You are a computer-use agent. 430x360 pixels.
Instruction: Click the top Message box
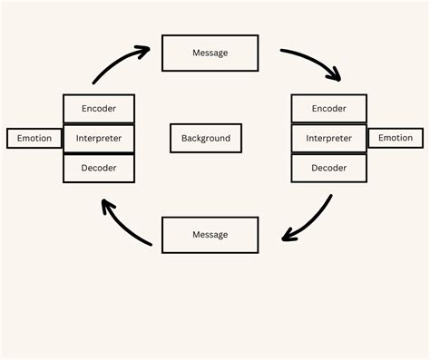coord(210,53)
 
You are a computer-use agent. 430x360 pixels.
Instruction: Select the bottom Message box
coord(210,235)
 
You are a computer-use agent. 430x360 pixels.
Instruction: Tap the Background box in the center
coord(206,139)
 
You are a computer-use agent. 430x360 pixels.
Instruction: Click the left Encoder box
coord(99,109)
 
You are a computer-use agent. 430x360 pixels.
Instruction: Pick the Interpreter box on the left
coord(99,139)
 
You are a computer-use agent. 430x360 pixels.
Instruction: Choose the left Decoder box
coord(99,168)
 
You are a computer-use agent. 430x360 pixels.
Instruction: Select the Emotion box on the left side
coord(34,139)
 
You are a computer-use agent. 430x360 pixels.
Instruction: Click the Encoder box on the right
coord(328,109)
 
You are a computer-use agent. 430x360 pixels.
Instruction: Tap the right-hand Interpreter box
coord(328,139)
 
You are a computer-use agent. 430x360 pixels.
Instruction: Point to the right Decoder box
coord(328,168)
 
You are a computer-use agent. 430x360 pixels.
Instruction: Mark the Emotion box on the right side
coord(395,138)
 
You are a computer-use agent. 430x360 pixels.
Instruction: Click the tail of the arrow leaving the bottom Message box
coord(150,244)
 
